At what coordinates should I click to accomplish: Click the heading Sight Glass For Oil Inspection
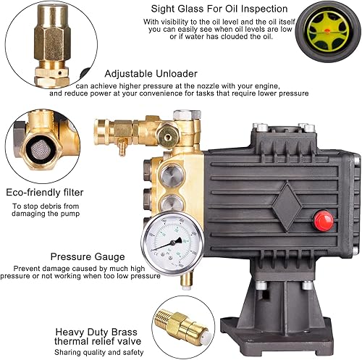[227, 9]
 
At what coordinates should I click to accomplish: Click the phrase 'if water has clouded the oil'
[228, 38]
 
